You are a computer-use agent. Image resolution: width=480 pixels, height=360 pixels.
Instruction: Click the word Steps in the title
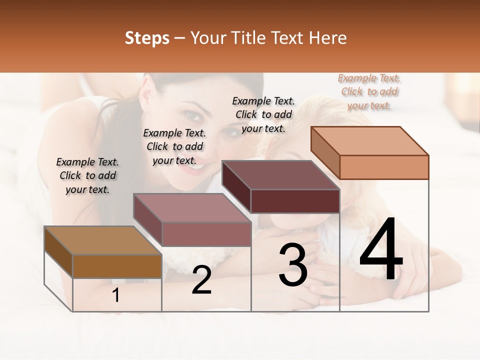147,38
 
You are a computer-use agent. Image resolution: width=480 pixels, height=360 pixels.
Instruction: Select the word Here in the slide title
328,38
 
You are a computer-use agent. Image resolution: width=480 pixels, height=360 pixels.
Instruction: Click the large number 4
381,249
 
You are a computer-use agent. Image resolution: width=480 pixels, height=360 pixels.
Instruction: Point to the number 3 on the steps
293,265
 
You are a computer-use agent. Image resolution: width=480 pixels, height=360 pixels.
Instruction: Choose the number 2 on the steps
201,280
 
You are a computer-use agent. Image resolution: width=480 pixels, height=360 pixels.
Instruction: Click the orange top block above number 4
370,153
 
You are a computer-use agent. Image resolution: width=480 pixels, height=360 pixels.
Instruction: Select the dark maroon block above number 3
281,187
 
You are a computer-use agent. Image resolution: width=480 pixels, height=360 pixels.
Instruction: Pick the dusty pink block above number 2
192,220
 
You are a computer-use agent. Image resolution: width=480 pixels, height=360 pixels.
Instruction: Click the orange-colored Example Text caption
369,92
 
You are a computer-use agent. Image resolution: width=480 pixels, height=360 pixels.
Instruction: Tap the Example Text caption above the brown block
87,175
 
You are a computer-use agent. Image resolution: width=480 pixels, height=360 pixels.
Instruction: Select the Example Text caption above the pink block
174,146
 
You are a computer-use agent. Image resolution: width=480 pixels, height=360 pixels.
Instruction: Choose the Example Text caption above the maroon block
263,114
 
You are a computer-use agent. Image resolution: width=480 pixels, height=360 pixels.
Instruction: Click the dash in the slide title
180,38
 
